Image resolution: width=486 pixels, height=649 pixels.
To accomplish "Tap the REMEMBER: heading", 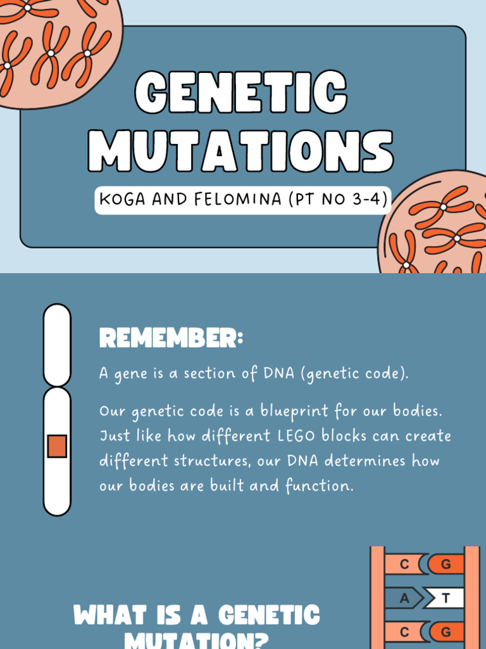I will coord(171,339).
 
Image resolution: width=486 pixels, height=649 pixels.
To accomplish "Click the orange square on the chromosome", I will coord(57,446).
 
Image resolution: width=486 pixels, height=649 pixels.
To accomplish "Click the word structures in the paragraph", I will coord(213,461).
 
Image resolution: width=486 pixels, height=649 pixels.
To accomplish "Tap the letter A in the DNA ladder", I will coord(404,598).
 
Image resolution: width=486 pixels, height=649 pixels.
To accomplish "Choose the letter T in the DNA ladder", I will coord(445,598).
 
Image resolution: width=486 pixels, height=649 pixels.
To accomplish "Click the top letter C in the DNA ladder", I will coord(404,563).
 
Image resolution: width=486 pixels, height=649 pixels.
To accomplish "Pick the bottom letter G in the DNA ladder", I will coord(445,631).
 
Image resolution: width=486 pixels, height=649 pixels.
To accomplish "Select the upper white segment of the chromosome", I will coord(57,343).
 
